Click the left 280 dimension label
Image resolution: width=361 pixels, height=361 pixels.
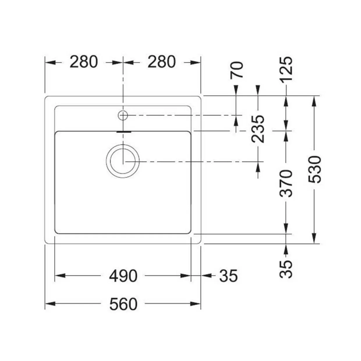84,62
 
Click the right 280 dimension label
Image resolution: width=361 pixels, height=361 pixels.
162,62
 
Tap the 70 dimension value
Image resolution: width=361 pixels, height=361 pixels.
237,70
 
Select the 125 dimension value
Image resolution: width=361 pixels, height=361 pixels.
286,69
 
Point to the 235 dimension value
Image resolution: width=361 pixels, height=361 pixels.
258,129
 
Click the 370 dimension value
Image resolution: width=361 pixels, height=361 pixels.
286,184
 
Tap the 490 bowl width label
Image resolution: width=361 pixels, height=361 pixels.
123,276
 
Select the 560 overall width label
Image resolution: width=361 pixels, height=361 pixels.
123,304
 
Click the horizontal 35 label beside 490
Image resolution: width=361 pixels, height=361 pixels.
228,276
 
